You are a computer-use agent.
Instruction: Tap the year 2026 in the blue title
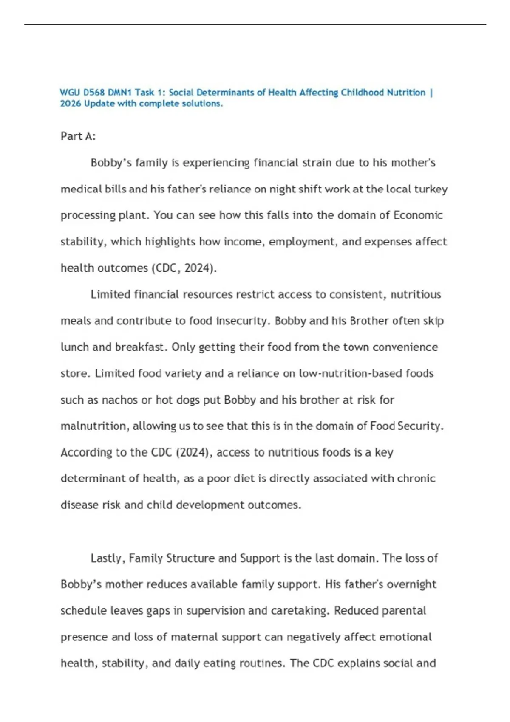[71, 104]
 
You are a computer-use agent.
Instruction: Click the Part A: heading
[78, 136]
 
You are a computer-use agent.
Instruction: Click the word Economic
[418, 215]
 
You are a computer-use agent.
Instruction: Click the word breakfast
[140, 347]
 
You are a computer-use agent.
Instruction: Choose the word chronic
[416, 479]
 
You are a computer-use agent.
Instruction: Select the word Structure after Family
[190, 558]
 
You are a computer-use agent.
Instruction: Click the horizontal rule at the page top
[255, 25]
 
